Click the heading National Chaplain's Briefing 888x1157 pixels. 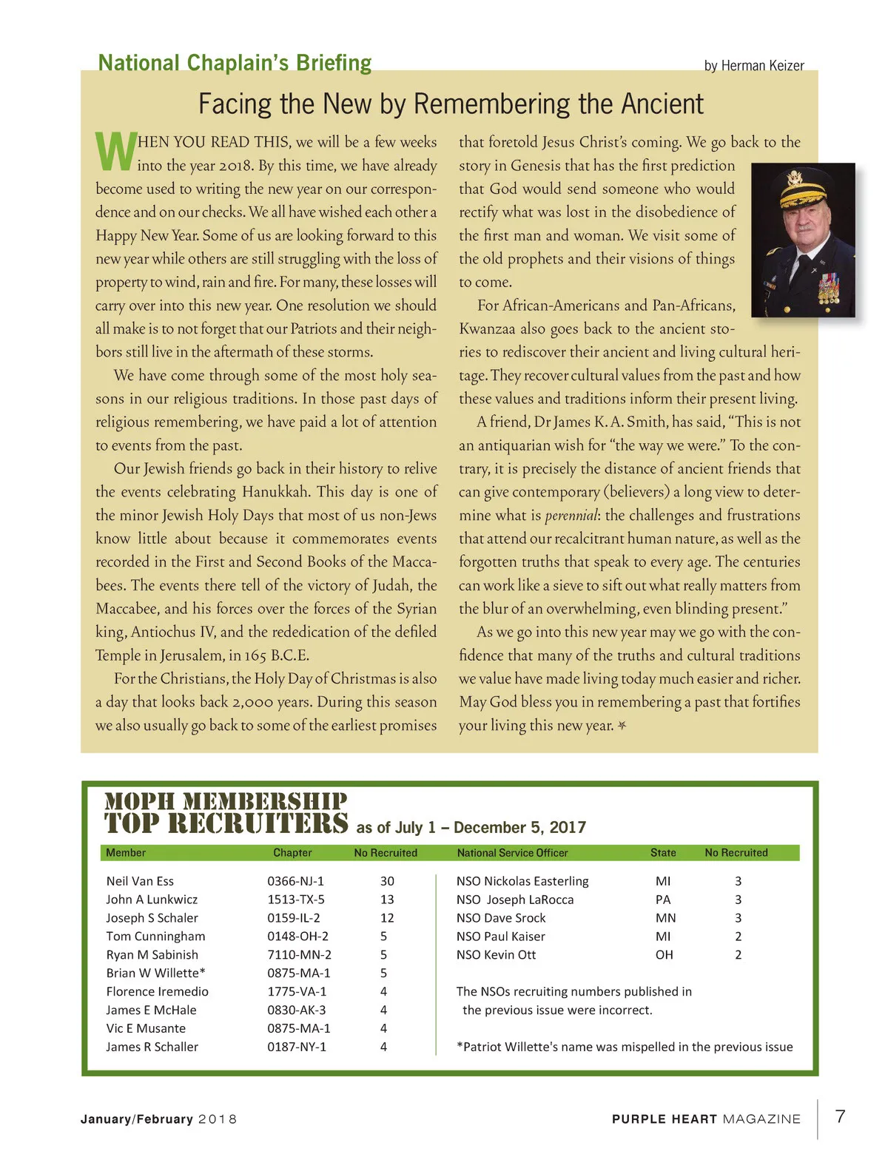point(235,63)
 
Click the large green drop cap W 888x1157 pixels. point(115,152)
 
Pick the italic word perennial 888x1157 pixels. point(571,516)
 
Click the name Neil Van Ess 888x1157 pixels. point(140,881)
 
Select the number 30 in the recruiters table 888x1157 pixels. point(387,881)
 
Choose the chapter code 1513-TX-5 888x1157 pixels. point(296,900)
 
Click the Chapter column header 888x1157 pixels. point(292,853)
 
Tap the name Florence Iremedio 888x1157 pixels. point(157,991)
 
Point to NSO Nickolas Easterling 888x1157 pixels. point(522,881)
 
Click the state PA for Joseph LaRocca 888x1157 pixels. point(663,900)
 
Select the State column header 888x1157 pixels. point(663,853)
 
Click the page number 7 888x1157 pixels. point(840,1116)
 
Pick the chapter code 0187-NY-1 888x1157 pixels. point(297,1047)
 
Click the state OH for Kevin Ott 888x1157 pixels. point(664,955)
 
